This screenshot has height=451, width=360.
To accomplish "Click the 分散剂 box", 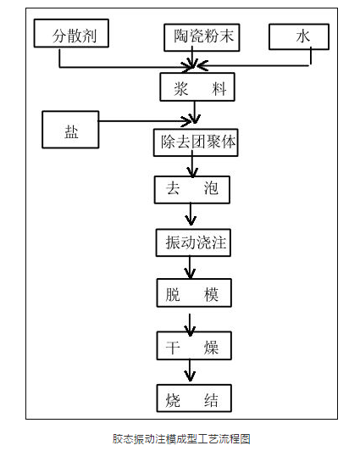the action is click(71, 33).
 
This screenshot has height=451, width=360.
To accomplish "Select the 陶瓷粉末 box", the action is click(202, 37).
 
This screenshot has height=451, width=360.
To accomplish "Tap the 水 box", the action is click(299, 36).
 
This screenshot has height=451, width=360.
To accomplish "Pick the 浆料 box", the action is click(197, 86).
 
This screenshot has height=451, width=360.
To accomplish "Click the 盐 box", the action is click(70, 130).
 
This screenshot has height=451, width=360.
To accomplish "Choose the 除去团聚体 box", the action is click(196, 142).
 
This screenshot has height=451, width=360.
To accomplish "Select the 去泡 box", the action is click(192, 190).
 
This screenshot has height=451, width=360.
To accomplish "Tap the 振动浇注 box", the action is click(193, 242).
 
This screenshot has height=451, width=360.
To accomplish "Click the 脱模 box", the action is click(194, 292).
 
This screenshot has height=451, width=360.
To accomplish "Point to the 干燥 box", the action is click(194, 346).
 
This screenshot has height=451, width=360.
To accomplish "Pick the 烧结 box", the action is click(194, 398).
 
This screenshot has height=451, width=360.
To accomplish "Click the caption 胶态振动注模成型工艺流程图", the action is click(181, 439).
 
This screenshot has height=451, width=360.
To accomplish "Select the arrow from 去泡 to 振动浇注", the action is click(191, 214).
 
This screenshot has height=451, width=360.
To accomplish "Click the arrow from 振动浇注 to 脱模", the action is click(190, 268).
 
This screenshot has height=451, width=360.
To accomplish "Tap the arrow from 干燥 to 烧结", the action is click(190, 370).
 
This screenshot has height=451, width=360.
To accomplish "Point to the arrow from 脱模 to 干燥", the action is click(190, 325).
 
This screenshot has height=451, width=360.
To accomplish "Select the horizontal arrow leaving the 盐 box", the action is click(145, 121).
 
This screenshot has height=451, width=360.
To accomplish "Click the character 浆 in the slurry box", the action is click(181, 89).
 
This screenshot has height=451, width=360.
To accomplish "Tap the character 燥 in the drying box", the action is click(211, 348).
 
